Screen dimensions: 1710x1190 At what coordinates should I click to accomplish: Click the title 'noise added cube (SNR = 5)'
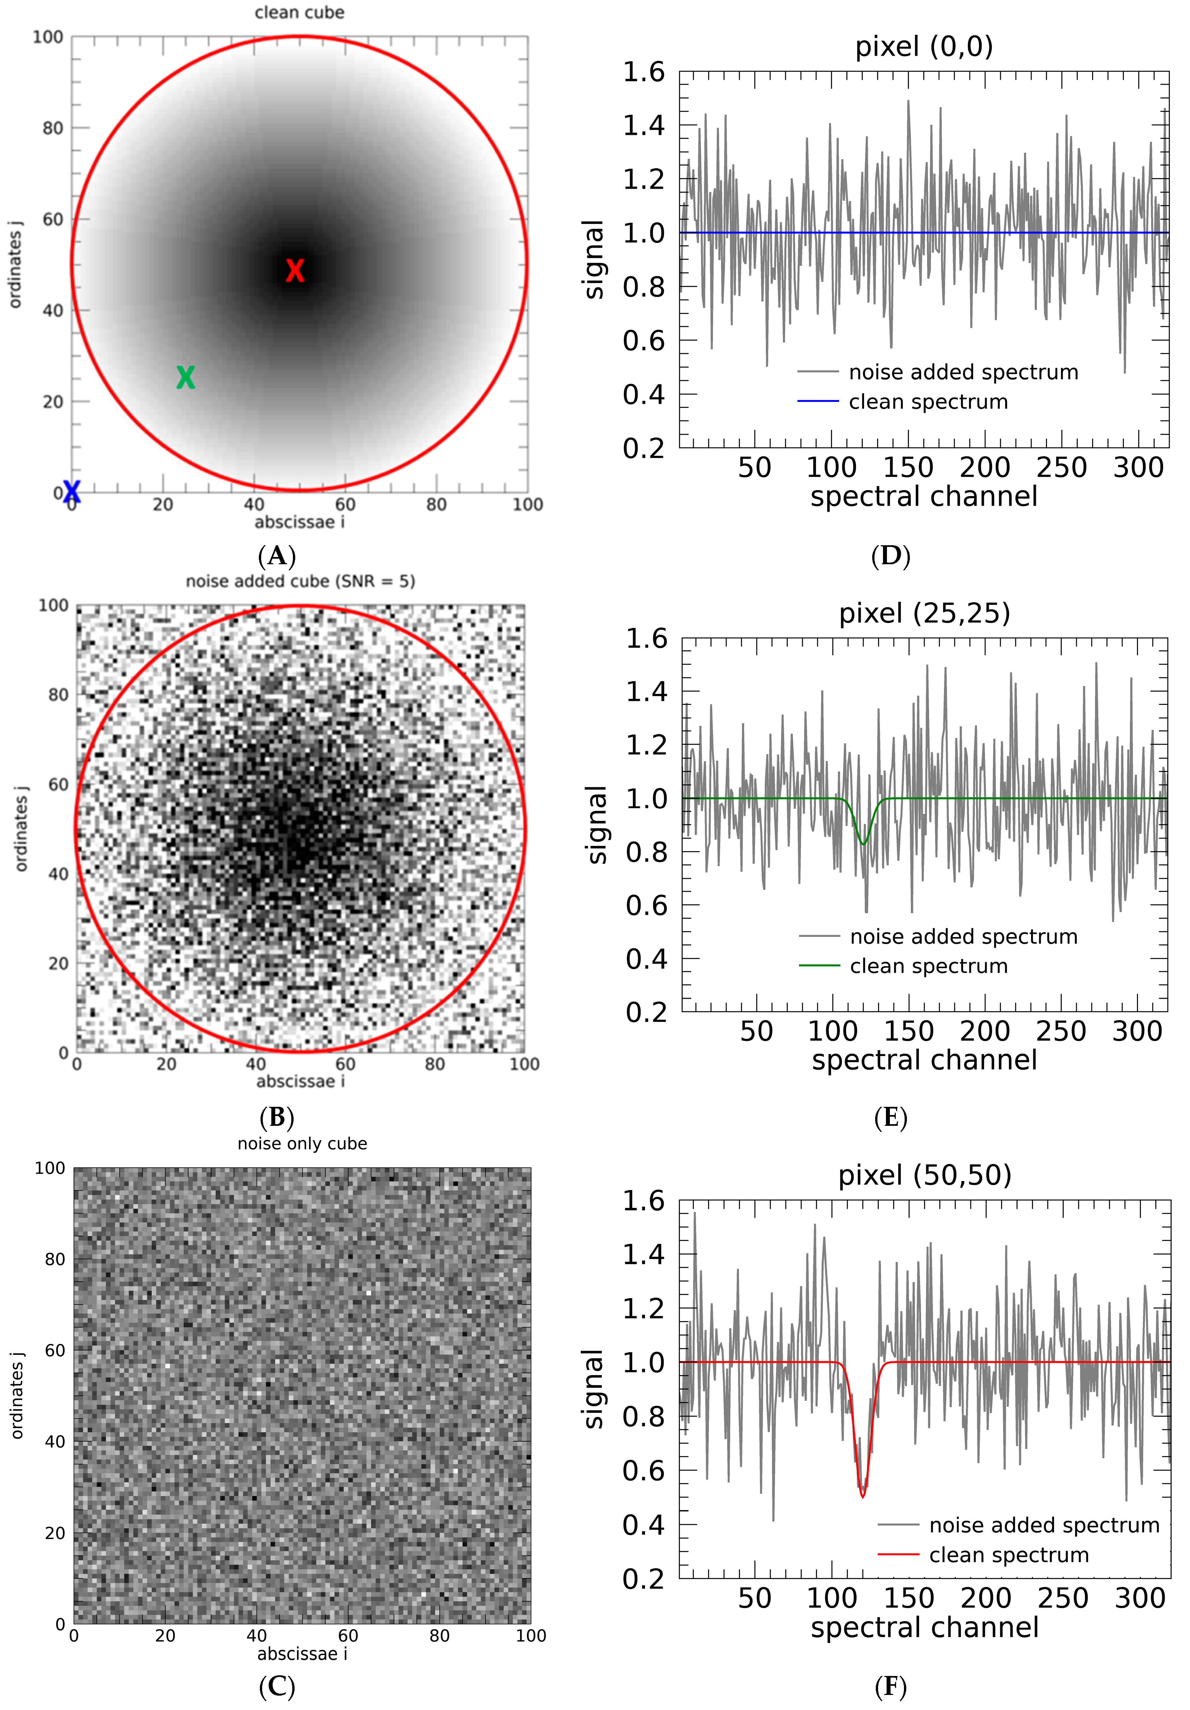[300, 581]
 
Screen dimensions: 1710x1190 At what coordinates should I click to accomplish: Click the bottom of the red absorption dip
[863, 1496]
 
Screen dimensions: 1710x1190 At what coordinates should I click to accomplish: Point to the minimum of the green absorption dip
[863, 844]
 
